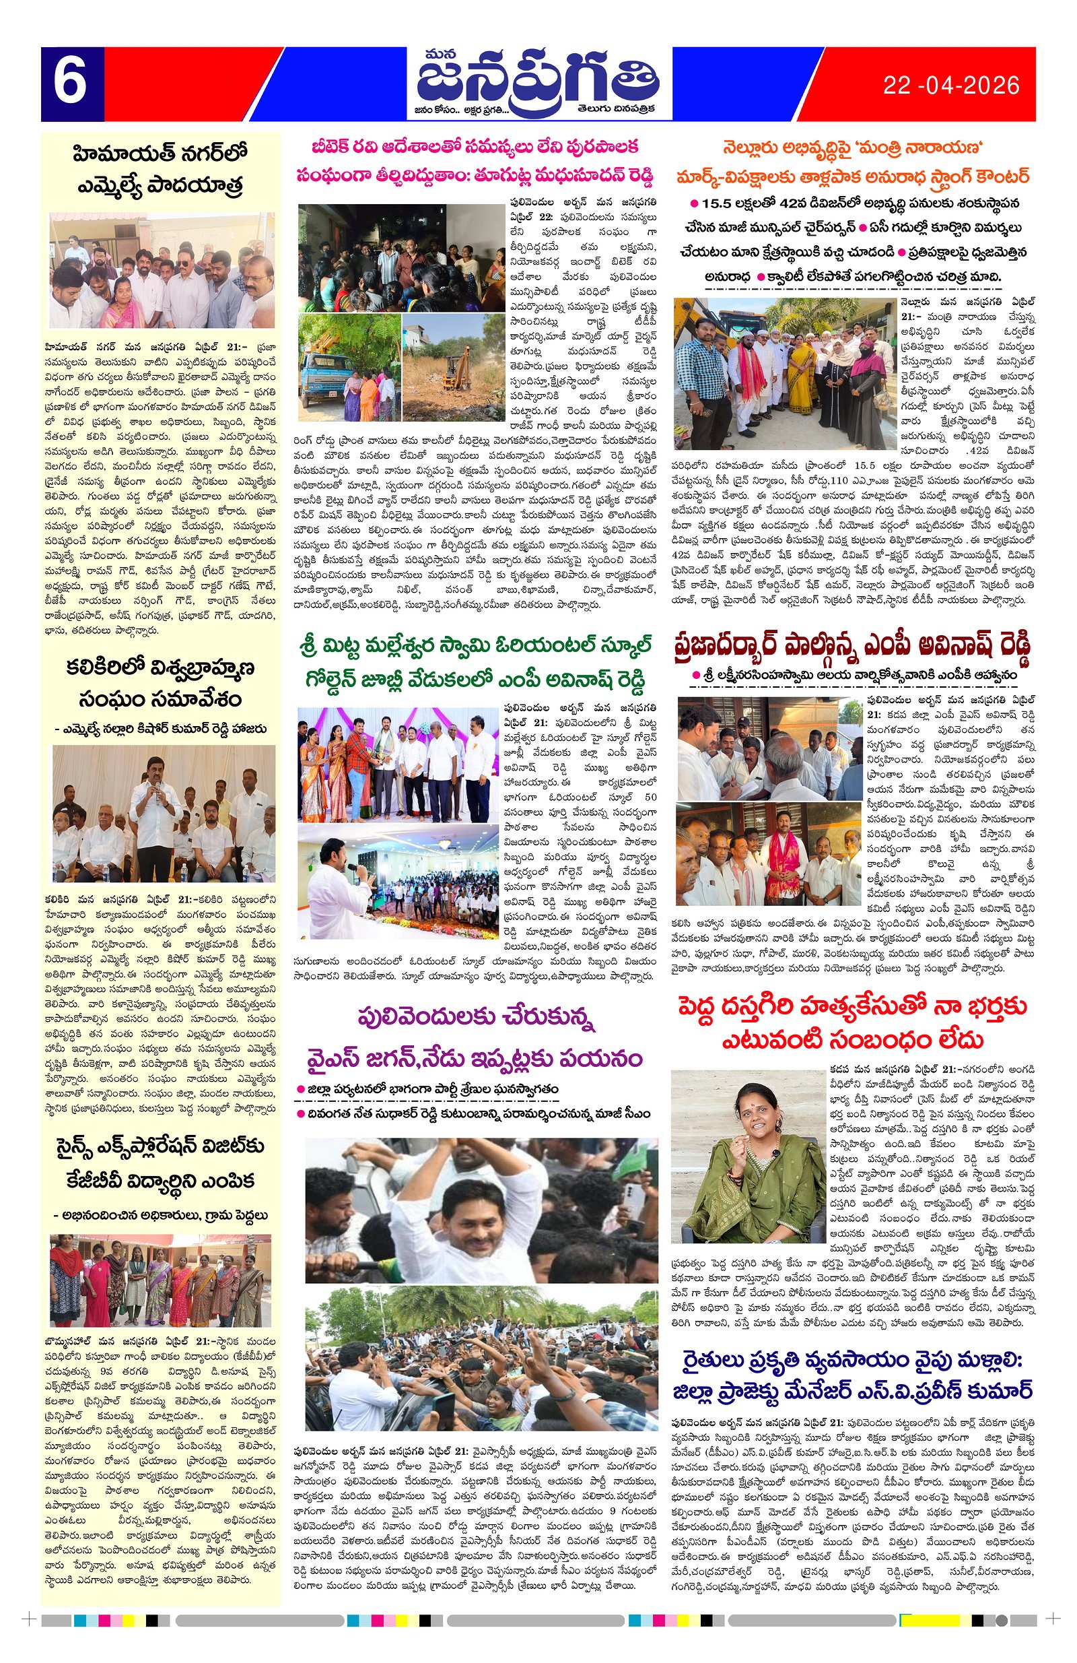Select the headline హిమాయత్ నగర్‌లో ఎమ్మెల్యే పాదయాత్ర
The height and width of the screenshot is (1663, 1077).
[160, 168]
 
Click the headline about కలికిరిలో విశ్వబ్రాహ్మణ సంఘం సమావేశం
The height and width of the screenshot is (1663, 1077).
[160, 682]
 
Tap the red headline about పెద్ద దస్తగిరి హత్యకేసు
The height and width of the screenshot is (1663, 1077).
[852, 1022]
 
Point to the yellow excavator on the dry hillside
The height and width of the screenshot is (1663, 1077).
[454, 363]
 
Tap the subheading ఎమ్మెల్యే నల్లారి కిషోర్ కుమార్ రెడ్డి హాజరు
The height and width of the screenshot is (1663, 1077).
[160, 729]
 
